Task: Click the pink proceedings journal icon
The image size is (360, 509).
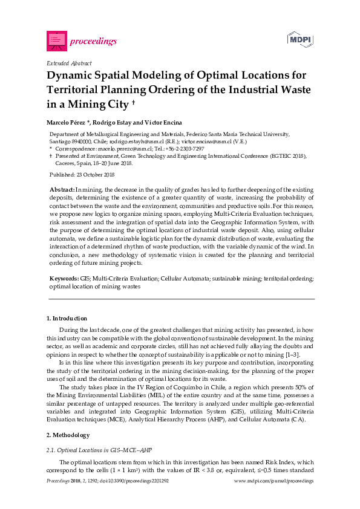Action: tap(56, 41)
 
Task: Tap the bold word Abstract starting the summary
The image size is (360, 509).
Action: tap(62, 190)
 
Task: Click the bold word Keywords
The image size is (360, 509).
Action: tap(64, 279)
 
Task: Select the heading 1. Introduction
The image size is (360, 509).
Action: tap(67, 318)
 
